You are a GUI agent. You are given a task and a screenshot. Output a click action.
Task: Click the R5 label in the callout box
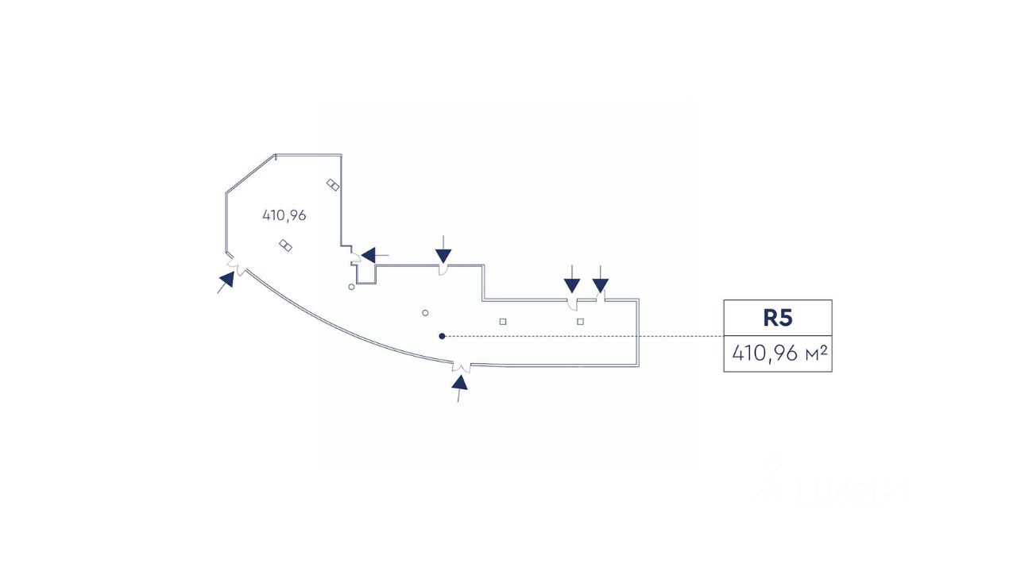[778, 318]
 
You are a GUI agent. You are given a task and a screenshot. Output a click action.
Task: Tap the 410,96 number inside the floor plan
[284, 214]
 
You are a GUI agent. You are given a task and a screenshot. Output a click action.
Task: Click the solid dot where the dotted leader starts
[442, 336]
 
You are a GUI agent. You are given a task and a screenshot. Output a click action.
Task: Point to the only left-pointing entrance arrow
[370, 255]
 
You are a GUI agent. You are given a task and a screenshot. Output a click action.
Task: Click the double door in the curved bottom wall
[460, 366]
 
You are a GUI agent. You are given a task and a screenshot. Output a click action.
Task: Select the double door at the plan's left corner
[234, 262]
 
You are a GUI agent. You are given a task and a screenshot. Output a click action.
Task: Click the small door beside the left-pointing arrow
[356, 259]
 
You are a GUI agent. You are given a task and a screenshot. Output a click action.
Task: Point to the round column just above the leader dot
[426, 313]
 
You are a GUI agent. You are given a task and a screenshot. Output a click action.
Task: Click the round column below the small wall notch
[352, 286]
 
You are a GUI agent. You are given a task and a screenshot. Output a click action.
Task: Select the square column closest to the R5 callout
[581, 322]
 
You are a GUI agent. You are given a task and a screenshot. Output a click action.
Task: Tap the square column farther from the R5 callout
[503, 322]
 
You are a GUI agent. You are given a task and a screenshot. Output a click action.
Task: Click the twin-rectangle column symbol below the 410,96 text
[286, 245]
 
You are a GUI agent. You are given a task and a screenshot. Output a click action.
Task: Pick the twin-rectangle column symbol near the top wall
[334, 185]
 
